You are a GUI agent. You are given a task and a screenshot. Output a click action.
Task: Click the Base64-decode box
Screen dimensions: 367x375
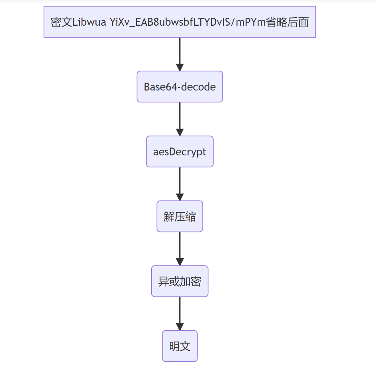point(180,87)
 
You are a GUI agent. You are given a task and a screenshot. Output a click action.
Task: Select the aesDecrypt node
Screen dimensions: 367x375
point(180,152)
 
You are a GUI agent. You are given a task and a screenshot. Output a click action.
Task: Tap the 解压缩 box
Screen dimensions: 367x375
point(180,216)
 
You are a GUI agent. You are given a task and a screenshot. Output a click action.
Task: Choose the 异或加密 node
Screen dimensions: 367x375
point(180,281)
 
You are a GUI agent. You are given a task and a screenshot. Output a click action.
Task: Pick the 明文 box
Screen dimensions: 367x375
point(180,346)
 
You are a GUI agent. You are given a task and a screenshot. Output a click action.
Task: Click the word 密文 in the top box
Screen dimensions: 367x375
point(61,22)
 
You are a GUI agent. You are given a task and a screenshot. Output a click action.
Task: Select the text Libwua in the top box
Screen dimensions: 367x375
point(89,22)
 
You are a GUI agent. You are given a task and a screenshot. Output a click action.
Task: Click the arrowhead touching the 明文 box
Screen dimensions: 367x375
point(180,327)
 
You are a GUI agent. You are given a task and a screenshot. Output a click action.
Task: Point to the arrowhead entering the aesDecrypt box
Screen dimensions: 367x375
point(180,132)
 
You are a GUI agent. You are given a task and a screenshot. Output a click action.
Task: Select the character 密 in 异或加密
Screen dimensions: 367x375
point(196,282)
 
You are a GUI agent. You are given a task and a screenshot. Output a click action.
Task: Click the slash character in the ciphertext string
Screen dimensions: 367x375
point(233,22)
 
